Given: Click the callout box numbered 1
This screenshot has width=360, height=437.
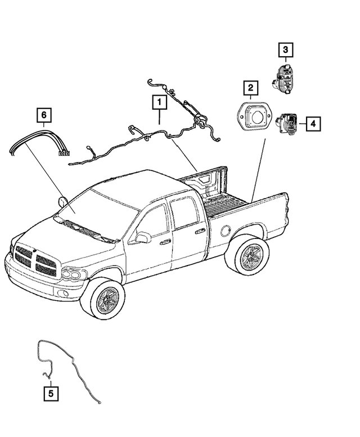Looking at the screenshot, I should [x=159, y=103].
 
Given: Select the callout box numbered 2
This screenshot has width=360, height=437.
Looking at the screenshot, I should [x=250, y=88].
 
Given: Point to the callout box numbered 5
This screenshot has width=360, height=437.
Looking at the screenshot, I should [x=51, y=394].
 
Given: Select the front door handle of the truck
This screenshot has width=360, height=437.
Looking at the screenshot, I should [x=165, y=242].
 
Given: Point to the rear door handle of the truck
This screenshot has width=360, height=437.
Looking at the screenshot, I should [x=200, y=231].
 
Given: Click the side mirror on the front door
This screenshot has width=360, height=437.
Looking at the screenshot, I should [x=142, y=238].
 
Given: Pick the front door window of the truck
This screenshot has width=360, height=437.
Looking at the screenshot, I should [x=154, y=220].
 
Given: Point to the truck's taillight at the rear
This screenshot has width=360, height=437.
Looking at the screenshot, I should [x=287, y=214].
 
